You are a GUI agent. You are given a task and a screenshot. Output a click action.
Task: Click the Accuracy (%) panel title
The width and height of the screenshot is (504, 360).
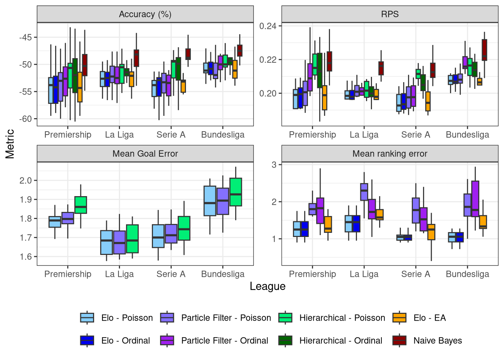coord(145,14)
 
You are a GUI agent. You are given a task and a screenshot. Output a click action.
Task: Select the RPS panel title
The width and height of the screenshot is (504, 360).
coord(390,14)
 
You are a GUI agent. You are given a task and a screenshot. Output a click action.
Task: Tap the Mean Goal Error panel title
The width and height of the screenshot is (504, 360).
coord(145,154)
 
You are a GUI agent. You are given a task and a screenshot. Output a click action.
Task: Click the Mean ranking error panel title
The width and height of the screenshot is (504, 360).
coord(390,154)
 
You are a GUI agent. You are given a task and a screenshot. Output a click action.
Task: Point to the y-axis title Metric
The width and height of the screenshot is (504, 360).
coord(10,144)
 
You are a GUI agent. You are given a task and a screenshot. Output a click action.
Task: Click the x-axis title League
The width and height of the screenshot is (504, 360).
coord(267,286)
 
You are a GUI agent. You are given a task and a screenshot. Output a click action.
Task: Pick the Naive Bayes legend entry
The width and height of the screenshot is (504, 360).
coord(437,340)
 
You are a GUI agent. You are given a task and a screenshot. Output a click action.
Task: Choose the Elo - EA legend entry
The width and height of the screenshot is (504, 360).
coord(429,318)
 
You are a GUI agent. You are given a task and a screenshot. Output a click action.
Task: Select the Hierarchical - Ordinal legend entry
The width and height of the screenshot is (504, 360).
coord(340,340)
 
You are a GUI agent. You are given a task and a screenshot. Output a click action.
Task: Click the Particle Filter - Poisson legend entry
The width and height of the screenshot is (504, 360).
coord(225,318)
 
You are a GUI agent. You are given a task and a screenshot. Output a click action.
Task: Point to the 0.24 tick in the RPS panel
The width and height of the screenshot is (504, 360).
coord(268,26)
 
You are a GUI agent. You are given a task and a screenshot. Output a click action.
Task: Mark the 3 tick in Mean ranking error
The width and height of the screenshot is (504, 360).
coord(274,165)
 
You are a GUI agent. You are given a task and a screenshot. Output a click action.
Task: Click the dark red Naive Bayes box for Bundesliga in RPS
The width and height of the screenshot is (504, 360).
coord(484,50)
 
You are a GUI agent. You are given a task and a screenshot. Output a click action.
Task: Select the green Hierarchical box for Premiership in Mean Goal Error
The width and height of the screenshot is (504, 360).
coord(81,205)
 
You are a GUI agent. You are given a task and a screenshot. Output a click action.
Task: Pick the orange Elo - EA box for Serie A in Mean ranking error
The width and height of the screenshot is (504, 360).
coord(431,232)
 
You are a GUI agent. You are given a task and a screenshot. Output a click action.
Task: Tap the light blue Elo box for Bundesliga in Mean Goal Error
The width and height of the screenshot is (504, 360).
coord(210,201)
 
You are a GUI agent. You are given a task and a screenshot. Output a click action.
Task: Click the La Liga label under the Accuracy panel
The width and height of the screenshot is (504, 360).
coord(119,135)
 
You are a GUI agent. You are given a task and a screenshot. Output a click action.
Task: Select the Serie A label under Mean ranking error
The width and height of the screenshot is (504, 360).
coord(415,274)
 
